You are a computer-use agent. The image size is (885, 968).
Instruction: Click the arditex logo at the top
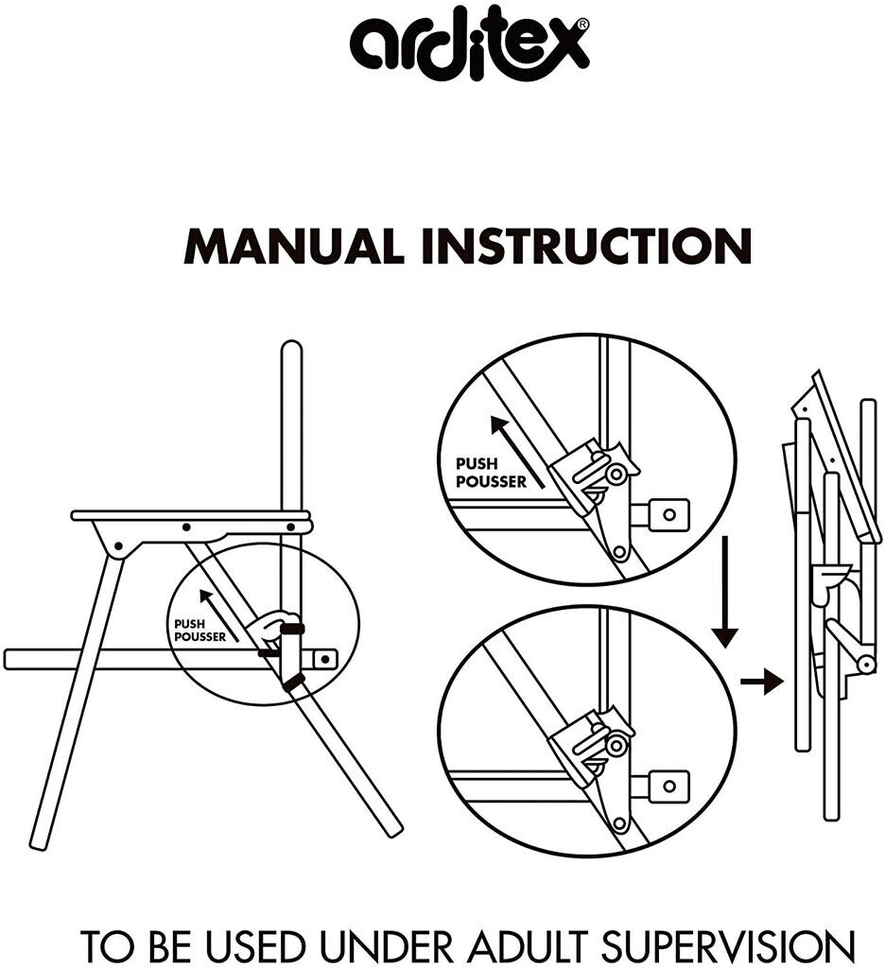tap(468, 48)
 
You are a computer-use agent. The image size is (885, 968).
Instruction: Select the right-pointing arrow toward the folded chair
tap(761, 681)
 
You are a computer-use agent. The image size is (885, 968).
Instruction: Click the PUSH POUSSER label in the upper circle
tap(489, 473)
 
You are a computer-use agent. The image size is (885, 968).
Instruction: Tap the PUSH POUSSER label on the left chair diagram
tap(200, 631)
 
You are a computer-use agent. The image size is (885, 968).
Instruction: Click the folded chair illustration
tap(832, 596)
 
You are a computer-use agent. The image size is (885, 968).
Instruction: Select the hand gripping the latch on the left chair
tap(274, 628)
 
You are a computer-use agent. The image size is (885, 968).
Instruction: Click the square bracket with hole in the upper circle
tap(668, 514)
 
